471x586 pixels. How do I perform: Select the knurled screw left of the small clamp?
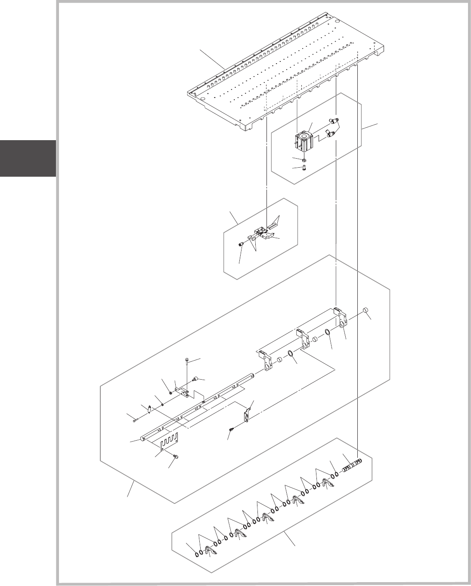click(242, 244)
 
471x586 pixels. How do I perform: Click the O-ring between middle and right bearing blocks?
click(328, 332)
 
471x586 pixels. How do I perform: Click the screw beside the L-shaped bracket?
click(231, 429)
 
